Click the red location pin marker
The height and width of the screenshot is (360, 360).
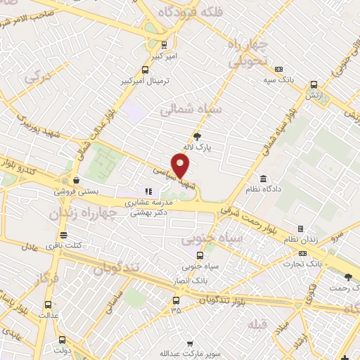[x=181, y=166]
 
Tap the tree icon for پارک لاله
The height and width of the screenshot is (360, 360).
[x=198, y=136]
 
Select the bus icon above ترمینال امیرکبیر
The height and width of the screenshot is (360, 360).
[x=145, y=70]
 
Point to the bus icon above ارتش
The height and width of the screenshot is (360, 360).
[x=314, y=84]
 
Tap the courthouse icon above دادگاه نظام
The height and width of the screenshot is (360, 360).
[x=263, y=179]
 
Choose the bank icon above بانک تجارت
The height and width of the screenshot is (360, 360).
[x=302, y=253]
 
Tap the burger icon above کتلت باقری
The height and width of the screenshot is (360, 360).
[x=63, y=234]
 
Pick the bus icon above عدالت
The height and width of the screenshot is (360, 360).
[x=48, y=304]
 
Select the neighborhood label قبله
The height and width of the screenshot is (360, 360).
[x=255, y=325]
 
